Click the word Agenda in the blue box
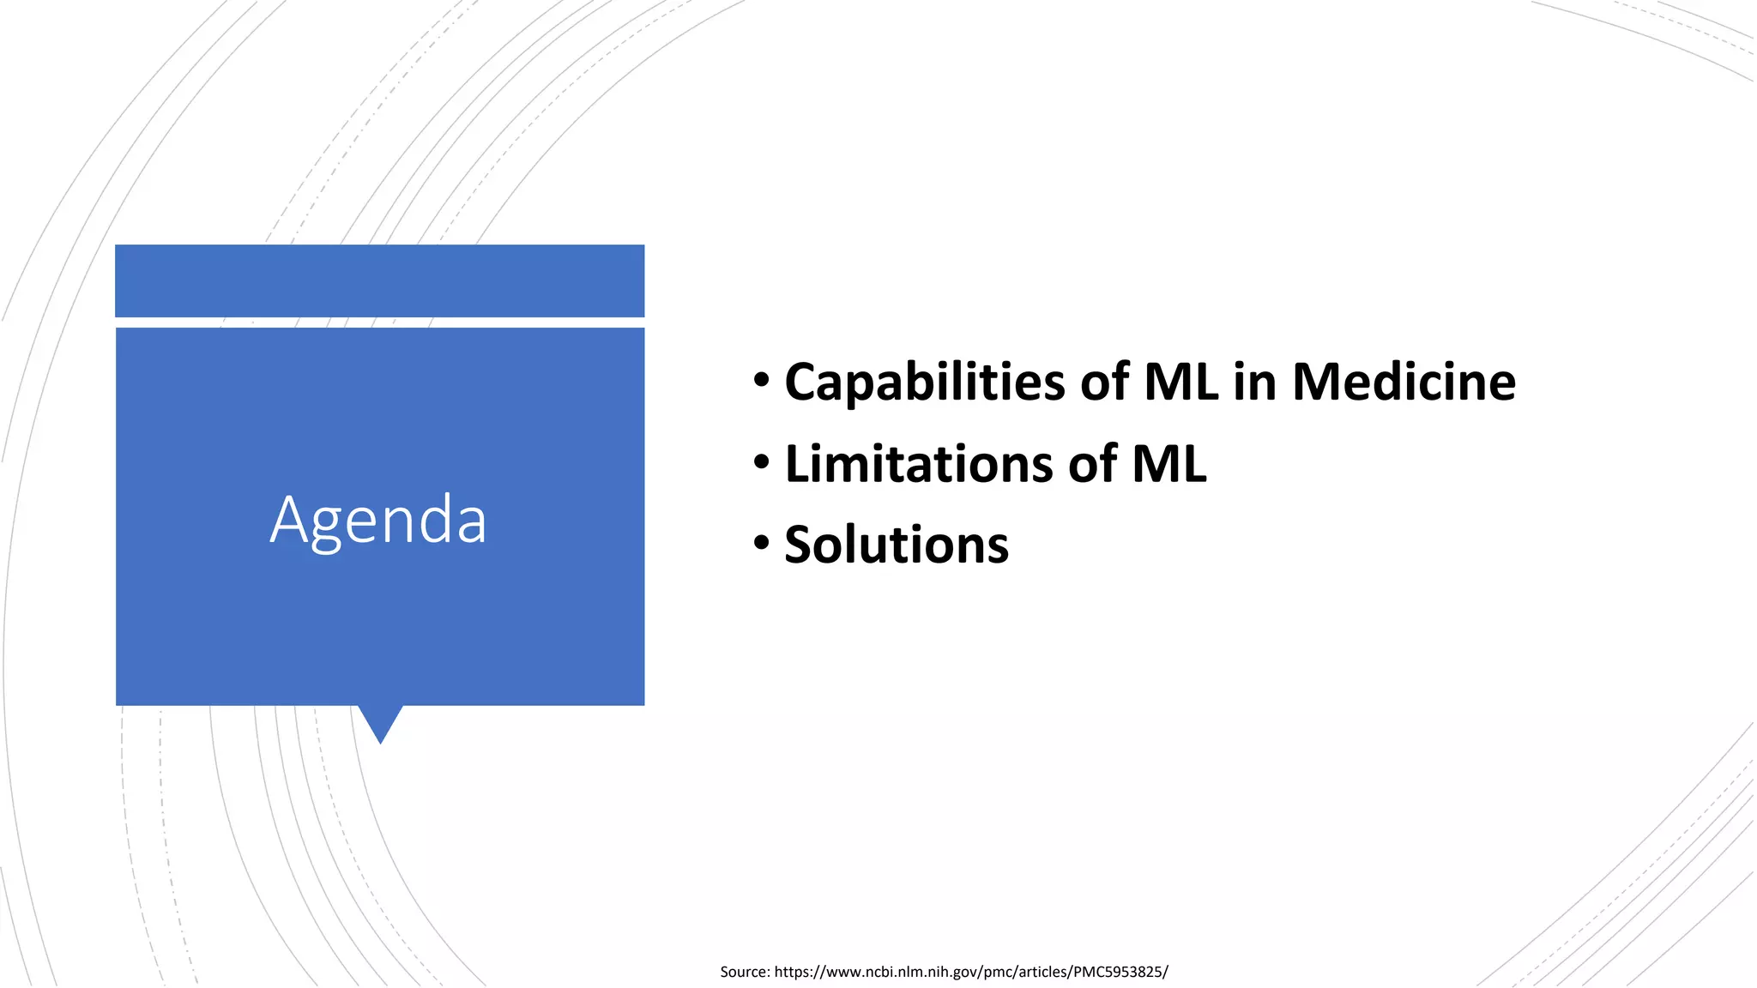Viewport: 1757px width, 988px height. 378,521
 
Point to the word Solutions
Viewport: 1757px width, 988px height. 897,545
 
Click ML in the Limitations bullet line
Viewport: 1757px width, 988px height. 1169,464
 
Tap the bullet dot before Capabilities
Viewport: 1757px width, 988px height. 762,380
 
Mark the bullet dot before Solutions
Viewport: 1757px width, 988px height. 762,543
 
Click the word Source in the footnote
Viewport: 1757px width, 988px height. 744,972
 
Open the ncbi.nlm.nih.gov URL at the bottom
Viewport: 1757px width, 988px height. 969,972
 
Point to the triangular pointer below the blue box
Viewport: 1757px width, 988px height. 380,721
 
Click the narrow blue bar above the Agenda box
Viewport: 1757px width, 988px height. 379,280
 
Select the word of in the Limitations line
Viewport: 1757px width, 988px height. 1093,464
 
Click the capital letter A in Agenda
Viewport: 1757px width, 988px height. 289,519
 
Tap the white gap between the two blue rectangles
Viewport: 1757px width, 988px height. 379,322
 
